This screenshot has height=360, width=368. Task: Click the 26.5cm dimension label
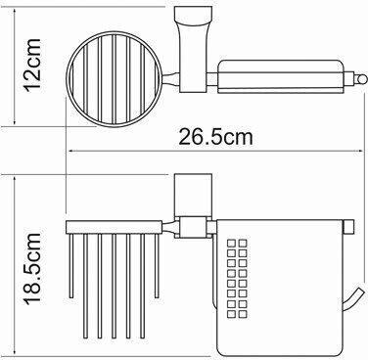click(x=215, y=137)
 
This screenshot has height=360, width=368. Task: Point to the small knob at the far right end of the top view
click(x=361, y=79)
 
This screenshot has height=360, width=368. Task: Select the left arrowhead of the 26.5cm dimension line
click(x=71, y=151)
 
